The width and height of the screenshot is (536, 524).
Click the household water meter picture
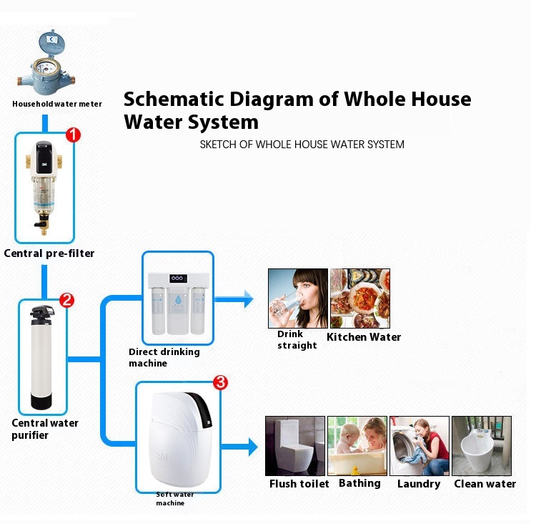(x=46, y=64)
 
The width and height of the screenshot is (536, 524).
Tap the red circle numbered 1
(x=73, y=135)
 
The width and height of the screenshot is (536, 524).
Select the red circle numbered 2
(x=66, y=300)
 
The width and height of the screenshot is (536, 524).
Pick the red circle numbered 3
(x=221, y=382)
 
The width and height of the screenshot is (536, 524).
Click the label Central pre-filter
(x=49, y=253)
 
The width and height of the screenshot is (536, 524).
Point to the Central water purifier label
(x=45, y=429)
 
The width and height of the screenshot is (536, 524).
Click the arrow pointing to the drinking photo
(x=234, y=299)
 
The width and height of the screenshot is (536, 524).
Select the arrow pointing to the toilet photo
(x=239, y=447)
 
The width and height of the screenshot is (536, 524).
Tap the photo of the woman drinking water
(x=298, y=299)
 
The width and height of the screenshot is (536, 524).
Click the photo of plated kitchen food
(x=360, y=299)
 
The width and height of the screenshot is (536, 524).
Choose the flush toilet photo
(x=295, y=446)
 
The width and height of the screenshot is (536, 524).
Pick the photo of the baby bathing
(x=357, y=446)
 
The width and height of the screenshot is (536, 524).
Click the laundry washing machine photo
(x=420, y=446)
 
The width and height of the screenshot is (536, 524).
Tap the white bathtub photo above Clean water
(x=482, y=446)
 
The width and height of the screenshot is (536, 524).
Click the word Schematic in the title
(x=174, y=99)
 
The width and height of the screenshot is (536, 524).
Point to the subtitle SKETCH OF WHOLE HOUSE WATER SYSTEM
(x=302, y=145)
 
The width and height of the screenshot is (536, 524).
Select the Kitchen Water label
(x=364, y=337)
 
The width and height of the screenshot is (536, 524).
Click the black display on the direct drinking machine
(x=179, y=278)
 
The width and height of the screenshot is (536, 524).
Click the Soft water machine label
(x=174, y=499)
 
